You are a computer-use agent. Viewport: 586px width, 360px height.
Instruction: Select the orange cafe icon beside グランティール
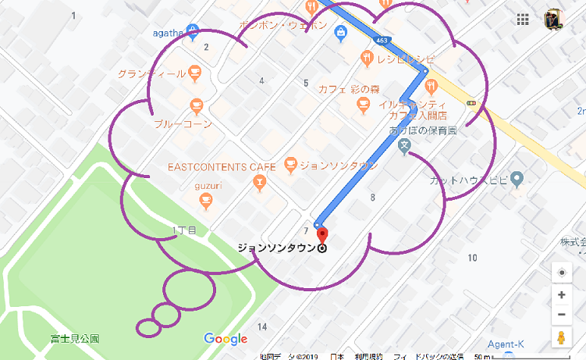194,73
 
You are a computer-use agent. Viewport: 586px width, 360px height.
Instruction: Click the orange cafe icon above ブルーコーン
196,105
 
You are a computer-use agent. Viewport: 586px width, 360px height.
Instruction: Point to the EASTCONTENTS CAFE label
222,166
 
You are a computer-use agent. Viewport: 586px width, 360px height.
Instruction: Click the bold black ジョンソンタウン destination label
276,248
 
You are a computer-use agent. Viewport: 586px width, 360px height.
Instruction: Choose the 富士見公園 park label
75,339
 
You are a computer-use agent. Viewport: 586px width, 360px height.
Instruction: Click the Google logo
226,339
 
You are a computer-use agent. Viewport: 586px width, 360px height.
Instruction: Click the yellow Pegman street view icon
561,337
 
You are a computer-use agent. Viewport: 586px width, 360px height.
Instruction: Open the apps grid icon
524,20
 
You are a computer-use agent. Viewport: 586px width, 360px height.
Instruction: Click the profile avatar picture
555,20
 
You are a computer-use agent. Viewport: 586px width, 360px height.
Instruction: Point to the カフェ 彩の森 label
348,88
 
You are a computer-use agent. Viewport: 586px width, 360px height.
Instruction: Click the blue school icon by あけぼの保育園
403,146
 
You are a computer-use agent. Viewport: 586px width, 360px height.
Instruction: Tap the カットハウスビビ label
468,180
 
